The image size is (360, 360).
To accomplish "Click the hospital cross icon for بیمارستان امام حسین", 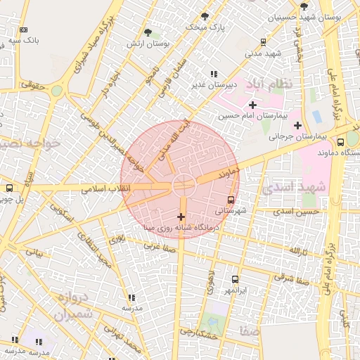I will [x=252, y=105].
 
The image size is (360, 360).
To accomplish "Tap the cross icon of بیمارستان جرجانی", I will [x=297, y=124].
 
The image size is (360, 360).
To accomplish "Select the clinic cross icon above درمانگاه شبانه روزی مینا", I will [x=181, y=217].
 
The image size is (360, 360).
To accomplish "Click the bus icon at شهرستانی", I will [x=231, y=200].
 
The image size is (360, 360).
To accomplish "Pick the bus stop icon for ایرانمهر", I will [x=234, y=279].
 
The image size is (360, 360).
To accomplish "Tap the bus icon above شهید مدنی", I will [x=263, y=41].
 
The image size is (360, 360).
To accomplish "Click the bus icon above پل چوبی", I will [x=9, y=188].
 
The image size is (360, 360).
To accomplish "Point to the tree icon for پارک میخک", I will [x=205, y=15].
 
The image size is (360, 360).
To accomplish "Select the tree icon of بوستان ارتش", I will [x=148, y=32].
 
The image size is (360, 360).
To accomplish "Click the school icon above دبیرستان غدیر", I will [x=214, y=74].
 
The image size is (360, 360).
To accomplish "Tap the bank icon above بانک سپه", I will [x=24, y=30].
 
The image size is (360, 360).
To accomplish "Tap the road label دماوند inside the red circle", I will [x=229, y=171].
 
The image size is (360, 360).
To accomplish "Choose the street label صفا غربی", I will [x=159, y=246].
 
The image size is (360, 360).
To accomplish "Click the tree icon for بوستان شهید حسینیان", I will [x=304, y=6].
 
